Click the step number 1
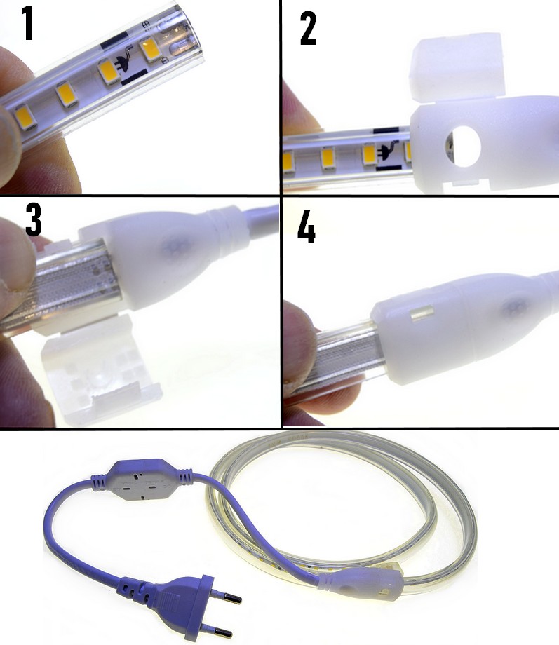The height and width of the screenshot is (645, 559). (x=27, y=23)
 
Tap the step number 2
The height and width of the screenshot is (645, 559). (x=309, y=28)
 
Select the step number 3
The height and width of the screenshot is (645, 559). (x=34, y=220)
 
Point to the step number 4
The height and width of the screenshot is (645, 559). (x=307, y=226)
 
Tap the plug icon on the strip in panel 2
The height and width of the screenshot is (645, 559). (x=389, y=152)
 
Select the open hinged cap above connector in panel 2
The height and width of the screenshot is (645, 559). (x=456, y=66)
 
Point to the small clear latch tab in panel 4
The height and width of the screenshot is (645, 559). (x=422, y=314)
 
